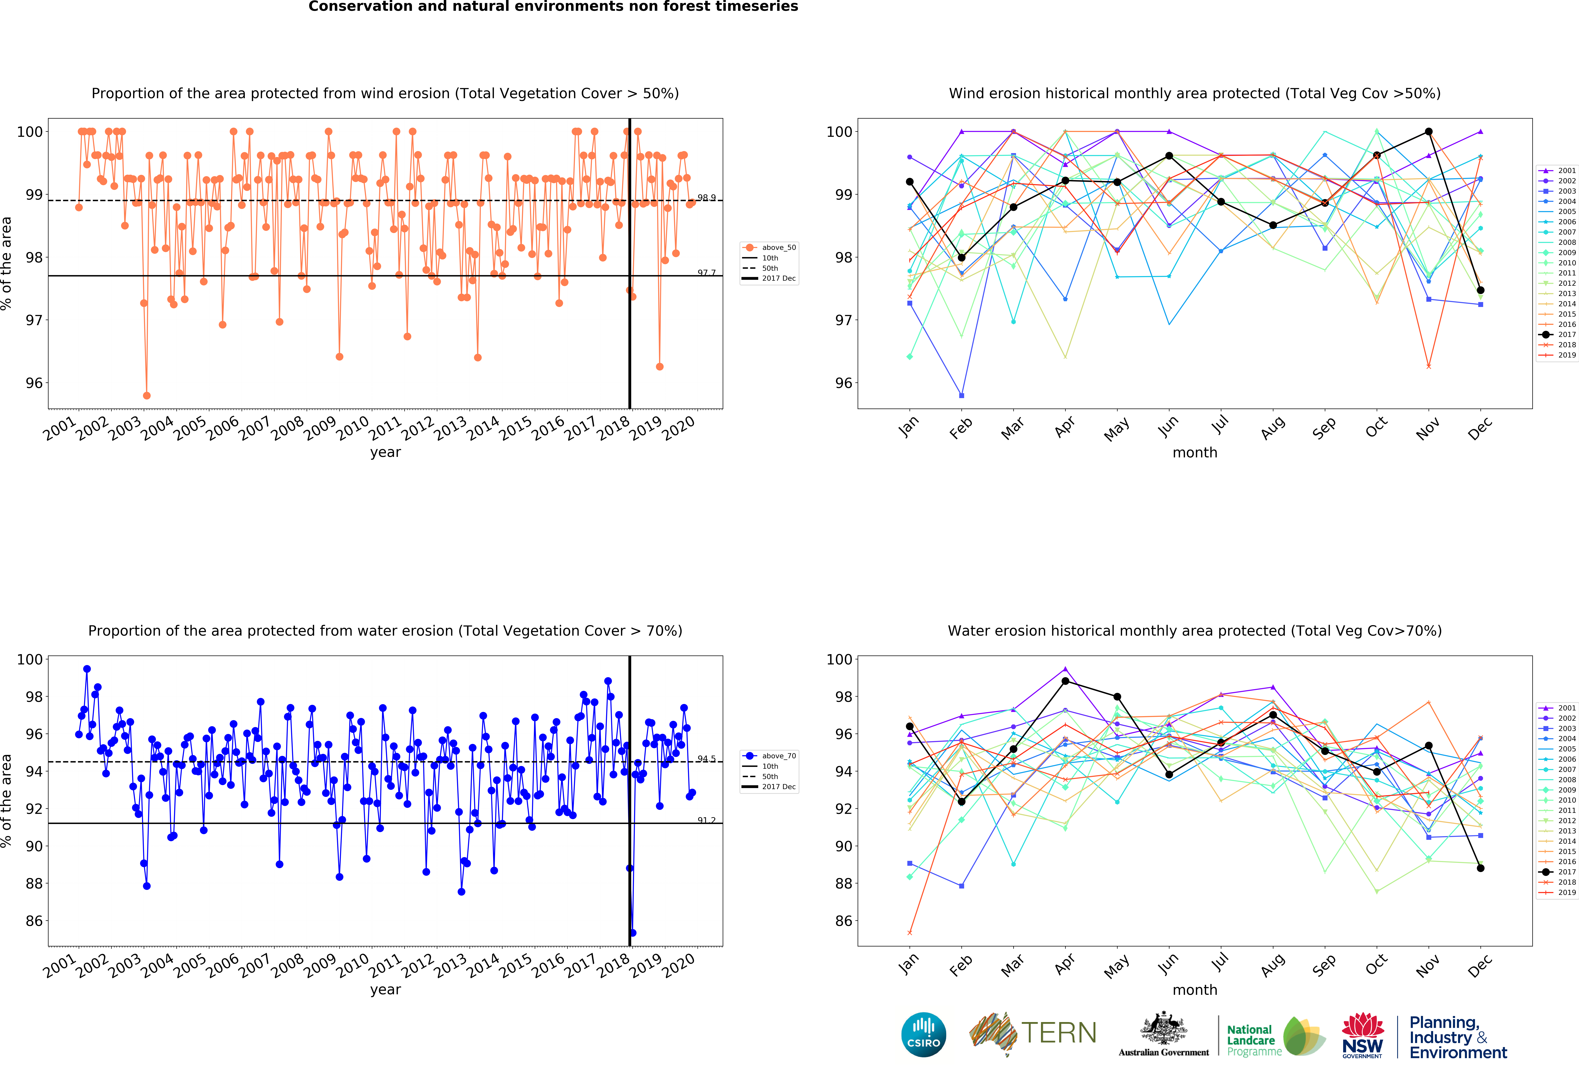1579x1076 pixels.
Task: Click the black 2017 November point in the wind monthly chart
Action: point(1429,132)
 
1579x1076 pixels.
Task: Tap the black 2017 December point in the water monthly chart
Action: point(1480,868)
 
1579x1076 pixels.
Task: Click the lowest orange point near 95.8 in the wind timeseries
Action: point(147,395)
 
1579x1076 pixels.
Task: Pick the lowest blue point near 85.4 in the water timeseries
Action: point(633,933)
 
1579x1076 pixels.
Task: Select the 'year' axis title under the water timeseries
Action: point(385,990)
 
